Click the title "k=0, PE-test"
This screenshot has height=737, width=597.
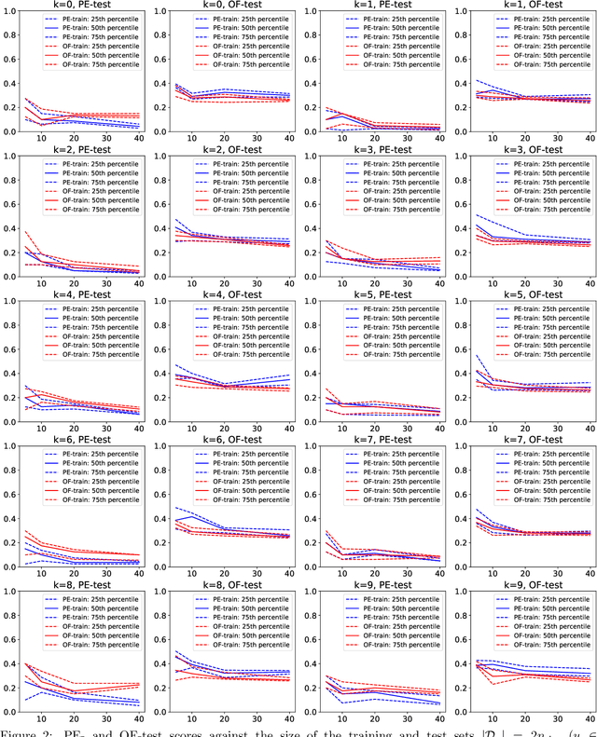click(x=80, y=6)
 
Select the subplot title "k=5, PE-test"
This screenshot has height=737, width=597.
click(x=377, y=294)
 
